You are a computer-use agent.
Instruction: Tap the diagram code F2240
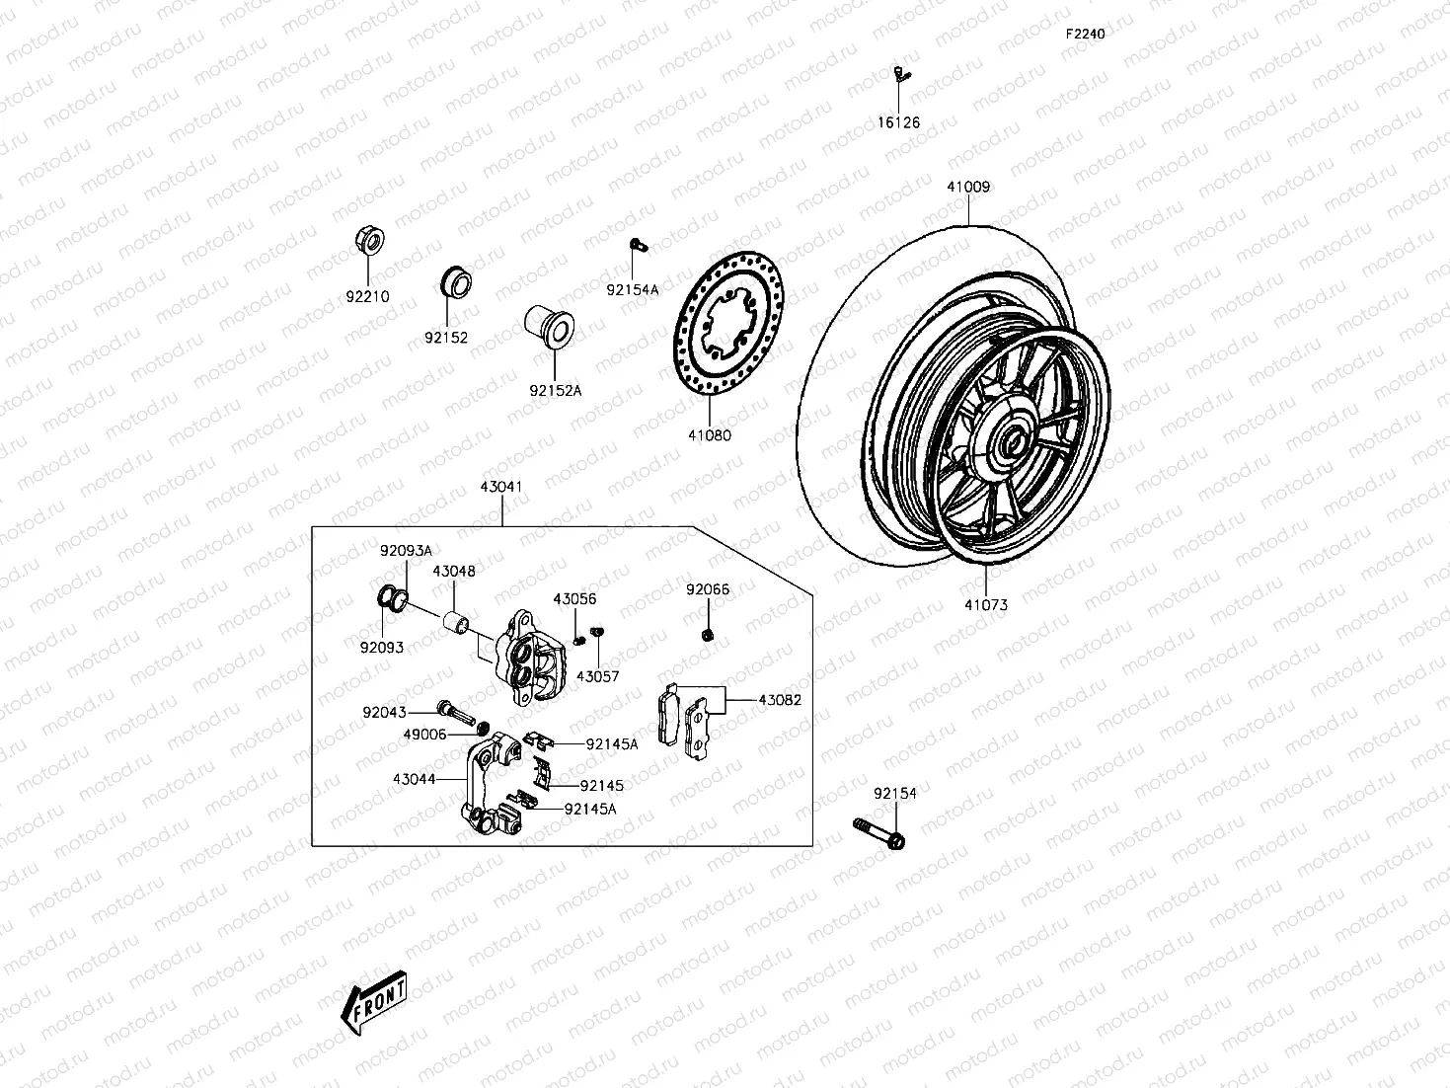click(1085, 34)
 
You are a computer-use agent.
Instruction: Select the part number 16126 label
click(898, 122)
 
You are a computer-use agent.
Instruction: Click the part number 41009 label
click(968, 187)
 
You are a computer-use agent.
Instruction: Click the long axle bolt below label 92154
click(878, 833)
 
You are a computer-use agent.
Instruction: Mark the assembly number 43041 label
click(501, 487)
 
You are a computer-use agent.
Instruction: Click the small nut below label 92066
click(708, 633)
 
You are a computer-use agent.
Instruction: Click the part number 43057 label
click(597, 677)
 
